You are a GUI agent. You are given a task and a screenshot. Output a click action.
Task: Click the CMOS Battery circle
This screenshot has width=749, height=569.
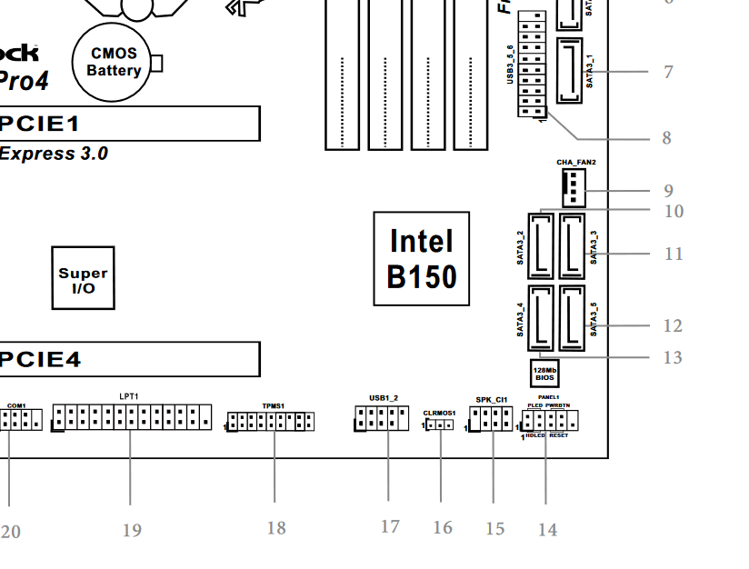(x=115, y=62)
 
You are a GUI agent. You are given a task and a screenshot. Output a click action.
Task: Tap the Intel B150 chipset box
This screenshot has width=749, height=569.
(x=422, y=259)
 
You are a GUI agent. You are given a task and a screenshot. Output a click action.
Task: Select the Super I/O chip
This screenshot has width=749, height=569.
(x=83, y=279)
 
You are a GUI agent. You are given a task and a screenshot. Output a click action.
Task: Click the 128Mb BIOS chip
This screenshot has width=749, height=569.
(x=544, y=373)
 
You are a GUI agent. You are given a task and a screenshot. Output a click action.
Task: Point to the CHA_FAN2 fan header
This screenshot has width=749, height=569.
(x=574, y=188)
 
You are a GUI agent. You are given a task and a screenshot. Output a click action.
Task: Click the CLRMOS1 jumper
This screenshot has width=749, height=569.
(x=440, y=424)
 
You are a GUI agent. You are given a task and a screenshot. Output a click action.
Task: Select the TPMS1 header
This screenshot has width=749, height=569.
(x=271, y=422)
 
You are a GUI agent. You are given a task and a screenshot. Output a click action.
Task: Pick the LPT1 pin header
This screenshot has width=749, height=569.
(x=132, y=418)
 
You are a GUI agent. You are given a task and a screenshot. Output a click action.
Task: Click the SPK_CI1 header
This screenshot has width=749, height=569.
(x=491, y=419)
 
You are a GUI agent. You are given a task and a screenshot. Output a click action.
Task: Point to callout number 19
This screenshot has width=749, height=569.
(x=132, y=530)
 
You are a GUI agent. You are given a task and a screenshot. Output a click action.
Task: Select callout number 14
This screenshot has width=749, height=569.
(x=547, y=530)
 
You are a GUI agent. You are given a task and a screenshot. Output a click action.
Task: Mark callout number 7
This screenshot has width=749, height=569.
(x=668, y=72)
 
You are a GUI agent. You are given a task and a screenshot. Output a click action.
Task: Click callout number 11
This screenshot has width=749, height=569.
(x=673, y=254)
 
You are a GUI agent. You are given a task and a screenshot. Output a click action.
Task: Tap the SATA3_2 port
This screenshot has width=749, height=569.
(x=540, y=245)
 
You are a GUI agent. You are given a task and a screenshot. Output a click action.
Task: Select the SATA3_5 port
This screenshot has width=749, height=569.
(x=572, y=318)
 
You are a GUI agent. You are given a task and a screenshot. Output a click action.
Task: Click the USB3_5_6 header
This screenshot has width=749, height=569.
(x=532, y=66)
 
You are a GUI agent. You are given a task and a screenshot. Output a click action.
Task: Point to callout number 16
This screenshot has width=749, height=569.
(x=443, y=528)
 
